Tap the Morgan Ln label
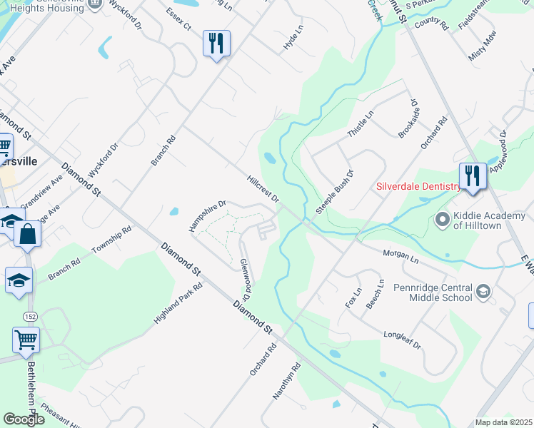pyautogui.click(x=400, y=254)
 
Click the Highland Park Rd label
pyautogui.click(x=178, y=304)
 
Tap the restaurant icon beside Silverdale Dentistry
pyautogui.click(x=473, y=176)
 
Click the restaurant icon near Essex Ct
pyautogui.click(x=216, y=44)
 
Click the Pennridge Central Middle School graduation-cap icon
pyautogui.click(x=484, y=291)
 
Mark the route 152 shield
pyautogui.click(x=30, y=315)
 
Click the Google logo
pyautogui.click(x=24, y=419)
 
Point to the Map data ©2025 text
pyautogui.click(x=503, y=422)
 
